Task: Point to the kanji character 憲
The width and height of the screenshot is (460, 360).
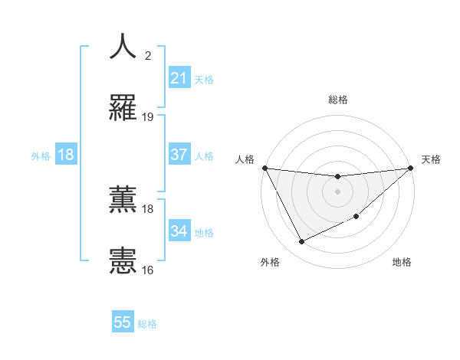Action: tap(123, 260)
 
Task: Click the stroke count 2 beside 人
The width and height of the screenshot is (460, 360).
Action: tap(148, 55)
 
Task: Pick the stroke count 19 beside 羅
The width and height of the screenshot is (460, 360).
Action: tap(148, 117)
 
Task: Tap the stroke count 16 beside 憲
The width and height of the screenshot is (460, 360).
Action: tap(148, 270)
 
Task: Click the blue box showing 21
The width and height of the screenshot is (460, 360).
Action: tap(179, 78)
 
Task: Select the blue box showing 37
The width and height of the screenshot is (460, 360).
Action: tap(179, 155)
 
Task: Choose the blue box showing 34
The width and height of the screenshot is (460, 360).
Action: tap(179, 231)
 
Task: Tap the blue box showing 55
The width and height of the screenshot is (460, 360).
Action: tap(123, 322)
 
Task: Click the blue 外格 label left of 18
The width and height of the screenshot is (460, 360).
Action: tap(41, 155)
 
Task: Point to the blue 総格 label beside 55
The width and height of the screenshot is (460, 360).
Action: tap(147, 324)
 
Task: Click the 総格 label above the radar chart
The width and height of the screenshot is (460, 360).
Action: tap(337, 100)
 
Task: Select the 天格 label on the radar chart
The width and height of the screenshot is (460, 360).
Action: tap(432, 159)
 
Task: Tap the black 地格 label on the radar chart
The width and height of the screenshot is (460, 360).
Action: tap(402, 262)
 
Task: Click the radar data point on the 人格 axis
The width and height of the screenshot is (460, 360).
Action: tap(265, 168)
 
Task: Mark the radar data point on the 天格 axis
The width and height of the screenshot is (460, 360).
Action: tap(410, 168)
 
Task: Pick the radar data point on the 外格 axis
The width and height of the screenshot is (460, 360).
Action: tap(301, 241)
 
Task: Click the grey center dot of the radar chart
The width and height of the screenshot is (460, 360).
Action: tap(337, 191)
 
